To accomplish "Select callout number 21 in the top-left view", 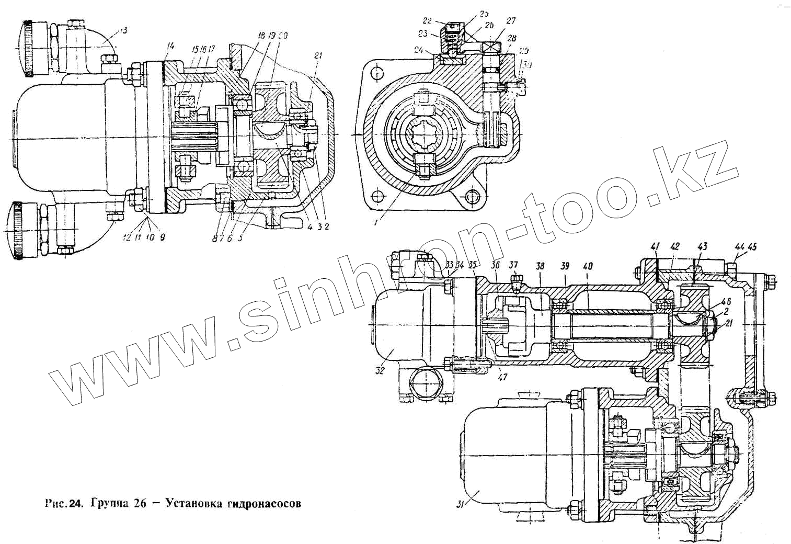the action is pos(318,55).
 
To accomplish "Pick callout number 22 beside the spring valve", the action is pos(428,21).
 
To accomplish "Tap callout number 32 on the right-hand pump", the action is pos(379,370).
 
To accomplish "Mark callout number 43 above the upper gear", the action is pos(702,245).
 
